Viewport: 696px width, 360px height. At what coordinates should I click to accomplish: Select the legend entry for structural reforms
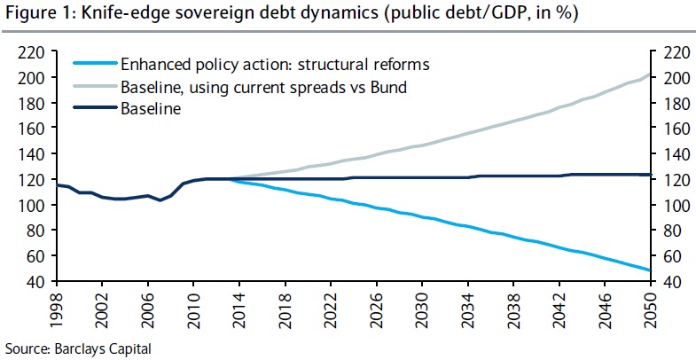[275, 64]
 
